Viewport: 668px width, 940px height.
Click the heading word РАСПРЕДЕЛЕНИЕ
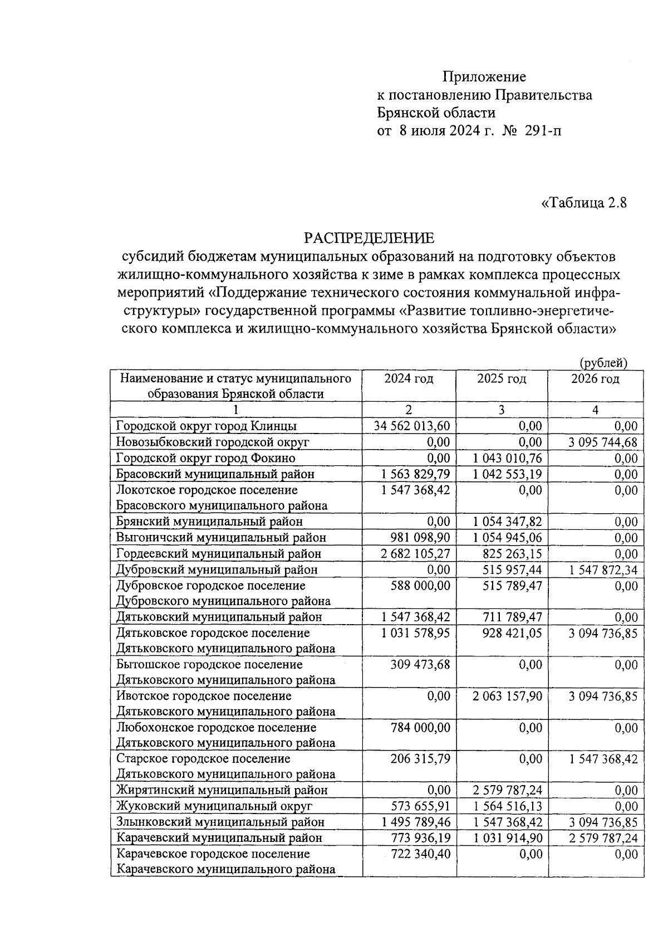(x=369, y=238)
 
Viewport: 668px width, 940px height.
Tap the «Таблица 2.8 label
(x=584, y=203)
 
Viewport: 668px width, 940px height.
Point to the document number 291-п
(x=543, y=131)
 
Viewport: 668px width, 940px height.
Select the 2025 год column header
(x=502, y=379)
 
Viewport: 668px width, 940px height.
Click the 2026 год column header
(x=595, y=379)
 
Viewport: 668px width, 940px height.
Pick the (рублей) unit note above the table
(x=603, y=363)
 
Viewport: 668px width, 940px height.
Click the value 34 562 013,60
(x=412, y=426)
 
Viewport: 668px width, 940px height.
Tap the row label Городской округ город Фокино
(x=205, y=458)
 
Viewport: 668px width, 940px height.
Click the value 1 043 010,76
(x=507, y=458)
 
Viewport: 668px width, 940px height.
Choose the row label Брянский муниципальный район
(x=209, y=522)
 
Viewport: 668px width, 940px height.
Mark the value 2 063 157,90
(x=507, y=696)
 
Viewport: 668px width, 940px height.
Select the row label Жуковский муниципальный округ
(x=214, y=806)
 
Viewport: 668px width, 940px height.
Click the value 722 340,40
(x=422, y=854)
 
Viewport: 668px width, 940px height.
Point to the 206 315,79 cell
(x=422, y=759)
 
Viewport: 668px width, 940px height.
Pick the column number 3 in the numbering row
(x=502, y=410)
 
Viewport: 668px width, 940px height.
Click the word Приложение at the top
(x=484, y=76)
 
